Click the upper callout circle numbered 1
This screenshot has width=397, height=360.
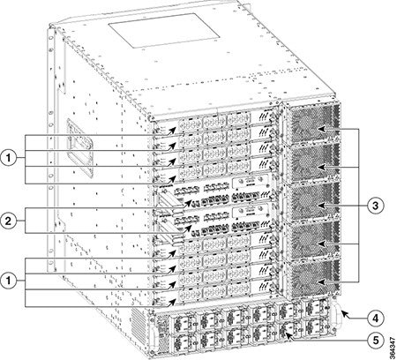coord(9,158)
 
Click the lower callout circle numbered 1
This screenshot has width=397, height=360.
coord(9,281)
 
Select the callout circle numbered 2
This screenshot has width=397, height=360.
coord(9,221)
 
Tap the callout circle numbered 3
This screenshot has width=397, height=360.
coord(375,206)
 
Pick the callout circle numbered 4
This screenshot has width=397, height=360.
coord(375,318)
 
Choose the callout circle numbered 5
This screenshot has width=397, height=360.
coord(375,341)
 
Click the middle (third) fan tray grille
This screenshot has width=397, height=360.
coord(312,201)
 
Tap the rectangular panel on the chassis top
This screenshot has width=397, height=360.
coord(164,32)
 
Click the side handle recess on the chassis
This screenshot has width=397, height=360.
coord(79,147)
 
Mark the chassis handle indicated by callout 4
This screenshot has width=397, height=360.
coord(336,317)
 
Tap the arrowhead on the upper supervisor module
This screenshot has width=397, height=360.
coord(188,203)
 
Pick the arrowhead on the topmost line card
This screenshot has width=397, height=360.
coord(173,131)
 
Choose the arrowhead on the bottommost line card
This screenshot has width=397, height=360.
coord(173,302)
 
